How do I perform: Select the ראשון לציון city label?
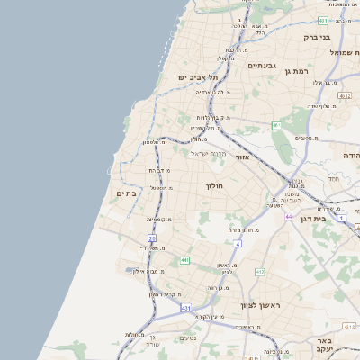pyautogui.click(x=261, y=306)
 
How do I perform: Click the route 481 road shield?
pyautogui.click(x=323, y=20)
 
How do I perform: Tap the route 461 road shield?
pyautogui.click(x=276, y=125)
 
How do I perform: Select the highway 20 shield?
pyautogui.click(x=152, y=238)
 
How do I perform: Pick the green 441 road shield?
pyautogui.click(x=185, y=260)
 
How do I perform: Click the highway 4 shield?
pyautogui.click(x=238, y=243)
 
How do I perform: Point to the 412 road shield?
pyautogui.click(x=260, y=271)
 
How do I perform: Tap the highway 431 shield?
pyautogui.click(x=185, y=309)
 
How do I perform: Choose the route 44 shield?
pyautogui.click(x=288, y=217)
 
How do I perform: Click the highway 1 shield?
pyautogui.click(x=342, y=218)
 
